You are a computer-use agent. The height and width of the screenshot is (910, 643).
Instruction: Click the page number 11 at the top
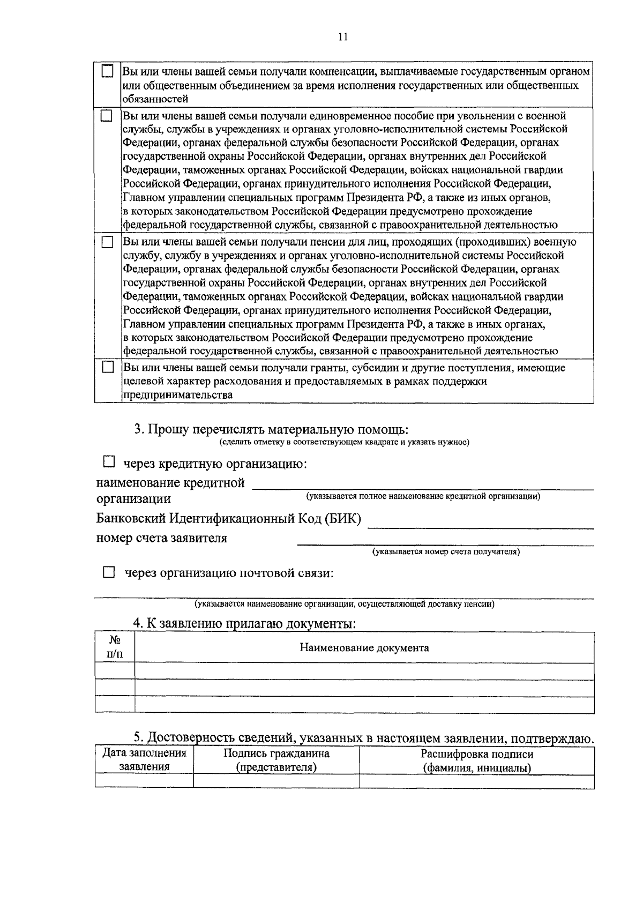click(x=343, y=36)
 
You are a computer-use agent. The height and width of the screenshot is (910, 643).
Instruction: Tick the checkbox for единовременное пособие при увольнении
click(x=108, y=115)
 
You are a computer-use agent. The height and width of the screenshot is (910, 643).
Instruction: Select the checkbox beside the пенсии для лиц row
click(x=108, y=242)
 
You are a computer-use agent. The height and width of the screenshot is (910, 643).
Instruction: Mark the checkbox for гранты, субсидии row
click(x=108, y=368)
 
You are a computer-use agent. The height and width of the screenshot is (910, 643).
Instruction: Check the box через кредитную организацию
click(x=109, y=461)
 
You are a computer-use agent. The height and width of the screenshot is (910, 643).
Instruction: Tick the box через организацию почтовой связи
click(x=109, y=573)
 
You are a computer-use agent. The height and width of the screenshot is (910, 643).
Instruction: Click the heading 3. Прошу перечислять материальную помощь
click(x=271, y=429)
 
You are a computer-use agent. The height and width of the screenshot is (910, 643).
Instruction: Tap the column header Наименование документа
click(x=364, y=648)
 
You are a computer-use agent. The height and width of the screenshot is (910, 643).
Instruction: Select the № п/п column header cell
click(x=115, y=647)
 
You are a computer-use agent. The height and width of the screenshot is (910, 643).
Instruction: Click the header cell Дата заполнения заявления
click(x=144, y=760)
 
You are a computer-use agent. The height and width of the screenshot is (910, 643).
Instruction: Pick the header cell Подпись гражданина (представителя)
click(x=276, y=760)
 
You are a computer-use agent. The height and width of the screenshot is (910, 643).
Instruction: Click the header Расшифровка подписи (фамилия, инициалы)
click(x=476, y=760)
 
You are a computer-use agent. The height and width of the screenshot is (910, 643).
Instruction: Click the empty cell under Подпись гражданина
click(x=276, y=781)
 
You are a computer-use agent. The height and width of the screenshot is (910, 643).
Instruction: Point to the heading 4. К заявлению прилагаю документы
click(x=244, y=624)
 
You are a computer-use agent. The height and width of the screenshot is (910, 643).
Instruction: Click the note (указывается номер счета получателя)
click(x=446, y=551)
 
